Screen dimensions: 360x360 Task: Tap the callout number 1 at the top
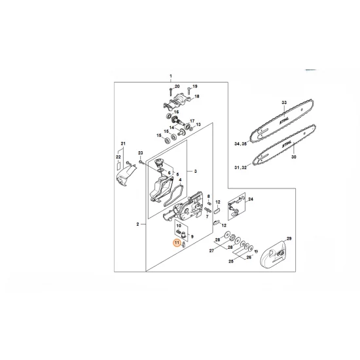170,76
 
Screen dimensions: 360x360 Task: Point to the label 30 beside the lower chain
293,157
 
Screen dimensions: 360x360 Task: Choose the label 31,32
240,168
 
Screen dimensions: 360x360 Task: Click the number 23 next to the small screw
140,153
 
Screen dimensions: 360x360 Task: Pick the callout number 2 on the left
137,225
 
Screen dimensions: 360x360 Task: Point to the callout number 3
195,171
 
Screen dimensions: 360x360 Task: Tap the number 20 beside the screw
177,86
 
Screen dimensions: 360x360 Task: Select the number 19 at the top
194,86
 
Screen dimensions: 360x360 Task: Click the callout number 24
251,198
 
